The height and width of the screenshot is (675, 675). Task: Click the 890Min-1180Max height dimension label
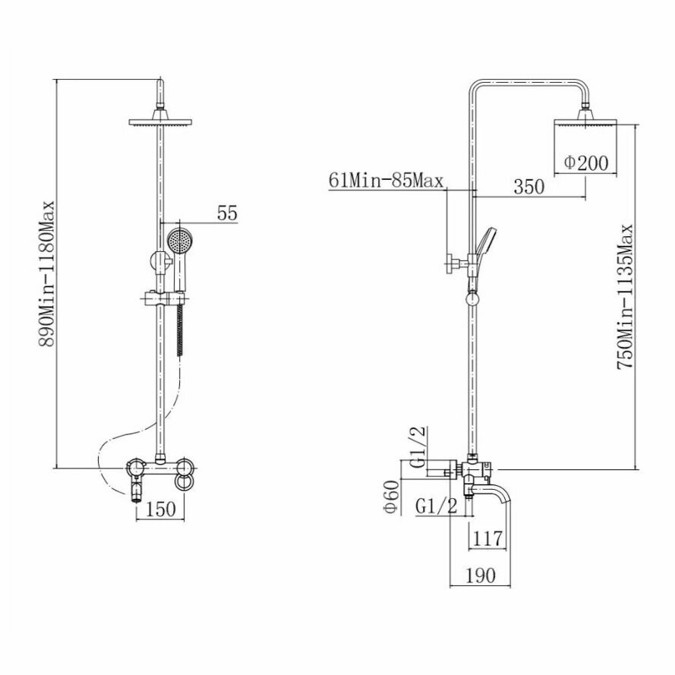click(x=47, y=273)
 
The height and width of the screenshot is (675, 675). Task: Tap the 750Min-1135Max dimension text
click(x=625, y=297)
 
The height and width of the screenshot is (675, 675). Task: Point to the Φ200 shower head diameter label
click(x=585, y=162)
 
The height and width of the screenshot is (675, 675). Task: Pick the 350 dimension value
click(x=528, y=186)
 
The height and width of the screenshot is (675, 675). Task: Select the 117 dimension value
click(x=487, y=538)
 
